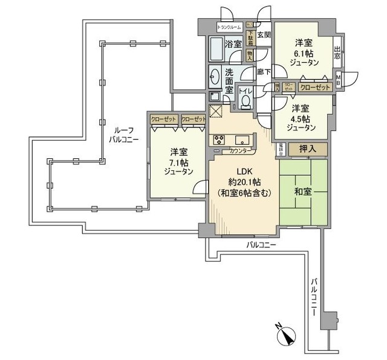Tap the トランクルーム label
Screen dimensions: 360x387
pos(229,27)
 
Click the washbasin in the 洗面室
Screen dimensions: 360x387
pos(216,77)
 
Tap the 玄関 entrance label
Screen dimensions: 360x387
pos(264,35)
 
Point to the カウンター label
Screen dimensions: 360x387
pos(242,152)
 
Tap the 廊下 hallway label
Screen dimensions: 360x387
pos(264,71)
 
